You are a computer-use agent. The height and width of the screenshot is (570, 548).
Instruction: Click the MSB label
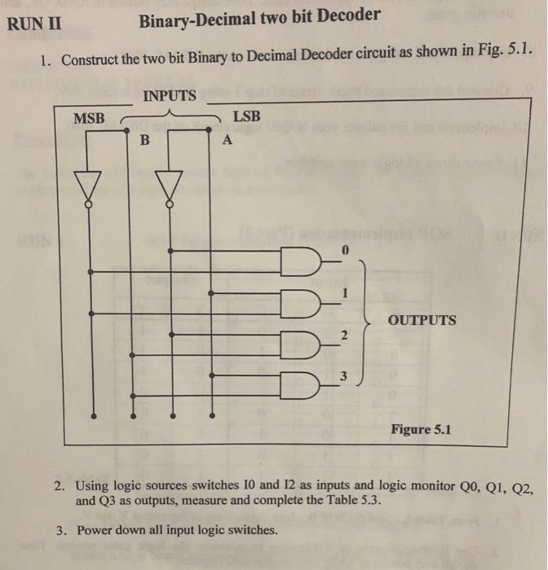tap(90, 118)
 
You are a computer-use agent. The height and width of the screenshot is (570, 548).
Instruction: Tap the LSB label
tap(247, 116)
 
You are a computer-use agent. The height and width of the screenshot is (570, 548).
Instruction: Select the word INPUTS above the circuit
tap(170, 96)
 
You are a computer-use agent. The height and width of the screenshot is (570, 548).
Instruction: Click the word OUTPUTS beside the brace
tap(422, 319)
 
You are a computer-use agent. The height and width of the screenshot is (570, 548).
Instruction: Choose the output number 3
tap(343, 376)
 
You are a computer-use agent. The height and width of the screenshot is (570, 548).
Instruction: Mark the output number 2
tap(343, 335)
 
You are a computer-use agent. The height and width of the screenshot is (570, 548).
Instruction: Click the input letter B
tap(145, 139)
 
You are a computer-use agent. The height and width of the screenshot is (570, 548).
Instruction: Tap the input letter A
tap(228, 140)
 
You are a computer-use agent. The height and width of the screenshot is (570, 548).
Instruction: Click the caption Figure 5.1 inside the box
tap(421, 428)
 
